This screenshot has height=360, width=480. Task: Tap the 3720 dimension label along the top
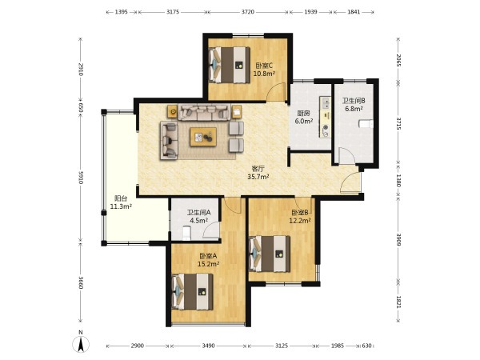click(x=248, y=12)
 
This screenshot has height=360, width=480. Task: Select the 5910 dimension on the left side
click(x=81, y=178)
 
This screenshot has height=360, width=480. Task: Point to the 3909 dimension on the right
click(x=398, y=240)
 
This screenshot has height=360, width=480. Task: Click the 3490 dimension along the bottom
click(x=208, y=346)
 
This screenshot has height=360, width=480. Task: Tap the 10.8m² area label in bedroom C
click(x=264, y=74)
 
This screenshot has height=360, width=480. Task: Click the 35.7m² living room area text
click(x=258, y=176)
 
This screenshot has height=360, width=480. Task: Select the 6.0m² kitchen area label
click(x=304, y=122)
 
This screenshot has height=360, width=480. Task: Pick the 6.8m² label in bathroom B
click(x=354, y=108)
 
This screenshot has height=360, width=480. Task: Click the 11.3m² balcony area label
click(x=121, y=206)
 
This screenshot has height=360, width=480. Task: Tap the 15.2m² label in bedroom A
click(x=208, y=264)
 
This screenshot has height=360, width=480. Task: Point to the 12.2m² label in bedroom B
click(x=300, y=221)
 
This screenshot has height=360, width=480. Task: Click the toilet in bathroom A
click(x=186, y=233)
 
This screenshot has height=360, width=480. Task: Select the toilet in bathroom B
click(x=366, y=124)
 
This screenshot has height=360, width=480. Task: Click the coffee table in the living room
click(x=203, y=137)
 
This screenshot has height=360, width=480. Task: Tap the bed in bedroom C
click(x=230, y=65)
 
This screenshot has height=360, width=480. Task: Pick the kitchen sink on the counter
click(x=325, y=103)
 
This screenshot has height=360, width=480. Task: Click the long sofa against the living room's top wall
click(x=204, y=112)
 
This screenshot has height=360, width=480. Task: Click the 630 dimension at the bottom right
click(x=366, y=346)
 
